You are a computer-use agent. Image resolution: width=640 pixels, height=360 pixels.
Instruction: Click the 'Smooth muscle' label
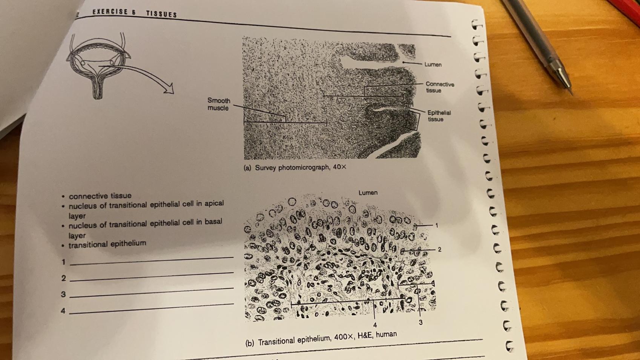point(219,104)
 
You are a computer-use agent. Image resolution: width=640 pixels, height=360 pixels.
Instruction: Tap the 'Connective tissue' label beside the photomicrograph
point(439,87)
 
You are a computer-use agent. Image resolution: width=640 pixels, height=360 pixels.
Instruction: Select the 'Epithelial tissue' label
point(439,116)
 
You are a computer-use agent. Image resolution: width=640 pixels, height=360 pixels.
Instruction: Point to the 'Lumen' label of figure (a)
point(433,64)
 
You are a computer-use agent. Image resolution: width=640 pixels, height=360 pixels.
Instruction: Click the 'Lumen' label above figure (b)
point(368,193)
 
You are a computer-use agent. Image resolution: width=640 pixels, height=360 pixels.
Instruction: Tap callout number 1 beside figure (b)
point(437,225)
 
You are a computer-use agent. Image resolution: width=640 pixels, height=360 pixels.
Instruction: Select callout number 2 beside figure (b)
point(439,250)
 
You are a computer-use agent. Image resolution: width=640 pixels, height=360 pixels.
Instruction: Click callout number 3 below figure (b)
point(421,322)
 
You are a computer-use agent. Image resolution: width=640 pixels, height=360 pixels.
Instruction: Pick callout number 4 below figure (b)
point(375,325)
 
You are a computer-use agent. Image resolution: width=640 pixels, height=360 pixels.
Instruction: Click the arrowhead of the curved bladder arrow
point(169,89)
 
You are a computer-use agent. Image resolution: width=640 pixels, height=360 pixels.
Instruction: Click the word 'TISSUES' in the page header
point(161,14)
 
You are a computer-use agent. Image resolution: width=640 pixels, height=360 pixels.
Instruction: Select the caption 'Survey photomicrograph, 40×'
point(300,167)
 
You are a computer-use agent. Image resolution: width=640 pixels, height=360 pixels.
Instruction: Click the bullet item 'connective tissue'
point(100,196)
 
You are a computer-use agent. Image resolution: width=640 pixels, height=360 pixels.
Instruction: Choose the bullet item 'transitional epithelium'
point(107,244)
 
